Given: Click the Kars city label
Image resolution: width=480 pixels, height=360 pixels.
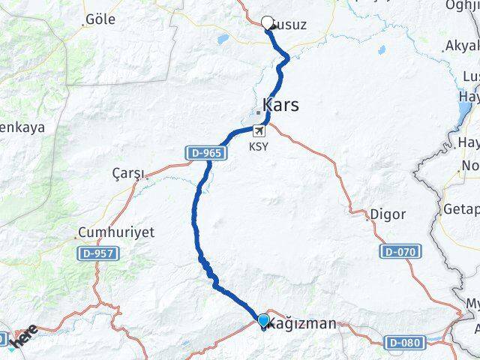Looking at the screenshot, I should [280, 105].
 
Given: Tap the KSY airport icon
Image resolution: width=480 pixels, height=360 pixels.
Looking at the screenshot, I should [258, 130].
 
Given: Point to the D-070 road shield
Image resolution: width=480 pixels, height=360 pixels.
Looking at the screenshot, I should [398, 251].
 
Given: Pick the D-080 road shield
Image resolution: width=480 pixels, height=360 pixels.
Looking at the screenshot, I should [404, 342].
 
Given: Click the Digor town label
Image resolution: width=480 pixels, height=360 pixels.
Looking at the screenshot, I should [388, 214].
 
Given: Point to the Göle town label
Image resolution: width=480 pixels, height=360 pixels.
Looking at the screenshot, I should [100, 19].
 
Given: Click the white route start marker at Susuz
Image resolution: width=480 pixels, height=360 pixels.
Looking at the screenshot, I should [268, 22].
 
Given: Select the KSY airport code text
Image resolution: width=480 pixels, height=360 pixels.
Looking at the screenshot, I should [259, 147].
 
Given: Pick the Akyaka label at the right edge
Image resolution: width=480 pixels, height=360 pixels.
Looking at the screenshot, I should [461, 46].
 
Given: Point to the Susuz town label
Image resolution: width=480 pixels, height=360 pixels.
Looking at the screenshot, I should [289, 25].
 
